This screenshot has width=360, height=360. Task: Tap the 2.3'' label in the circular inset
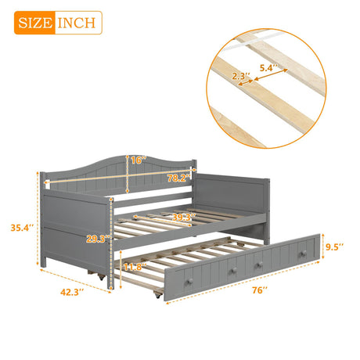239,77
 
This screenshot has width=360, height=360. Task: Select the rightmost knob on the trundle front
301,255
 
